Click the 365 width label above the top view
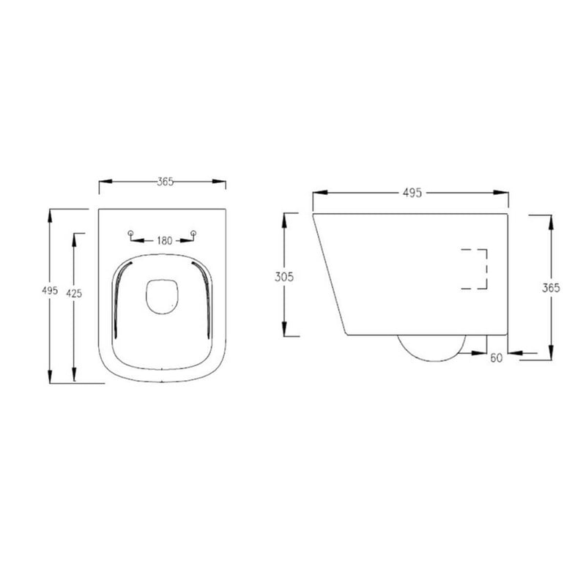point(165,182)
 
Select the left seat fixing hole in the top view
point(130,234)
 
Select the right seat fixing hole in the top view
point(193,234)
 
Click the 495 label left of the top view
point(49,291)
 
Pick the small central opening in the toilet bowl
point(161,297)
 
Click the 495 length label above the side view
point(412,193)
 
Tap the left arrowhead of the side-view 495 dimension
point(316,193)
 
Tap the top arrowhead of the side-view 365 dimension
point(550,219)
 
